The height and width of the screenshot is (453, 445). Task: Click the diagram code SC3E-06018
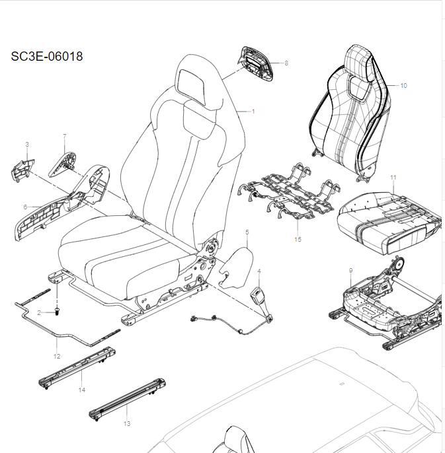[x=47, y=57]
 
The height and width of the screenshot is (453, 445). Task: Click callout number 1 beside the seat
[x=253, y=112]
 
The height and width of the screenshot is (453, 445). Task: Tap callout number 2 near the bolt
[x=40, y=312]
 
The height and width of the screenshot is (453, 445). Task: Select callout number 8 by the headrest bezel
[x=286, y=63]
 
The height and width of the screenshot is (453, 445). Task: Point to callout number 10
[x=403, y=85]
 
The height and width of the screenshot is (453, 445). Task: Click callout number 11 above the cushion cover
[x=393, y=178]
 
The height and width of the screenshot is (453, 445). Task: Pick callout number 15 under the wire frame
[x=298, y=239]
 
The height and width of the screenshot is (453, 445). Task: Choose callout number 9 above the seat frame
[x=350, y=270]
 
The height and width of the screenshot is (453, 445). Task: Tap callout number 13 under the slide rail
[x=127, y=423]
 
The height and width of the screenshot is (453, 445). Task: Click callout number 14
[x=82, y=390]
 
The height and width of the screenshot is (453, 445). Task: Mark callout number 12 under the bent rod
[x=56, y=356]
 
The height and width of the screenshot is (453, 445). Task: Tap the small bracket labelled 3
[x=24, y=168]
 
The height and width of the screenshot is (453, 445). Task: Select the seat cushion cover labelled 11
[x=387, y=218]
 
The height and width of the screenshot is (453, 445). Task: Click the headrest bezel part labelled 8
[x=255, y=65]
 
